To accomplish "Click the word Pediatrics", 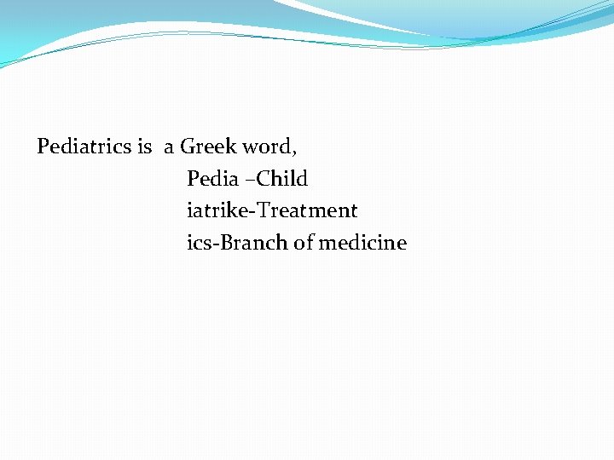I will (x=84, y=147).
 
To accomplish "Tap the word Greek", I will (x=209, y=147).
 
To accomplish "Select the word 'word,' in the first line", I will (x=270, y=147).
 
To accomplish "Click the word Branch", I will (x=253, y=243).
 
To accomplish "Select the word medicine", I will (x=362, y=243).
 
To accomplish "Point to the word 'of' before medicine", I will (x=303, y=243).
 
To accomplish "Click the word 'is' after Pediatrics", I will (x=144, y=147).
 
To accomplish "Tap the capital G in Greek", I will (x=188, y=147).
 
